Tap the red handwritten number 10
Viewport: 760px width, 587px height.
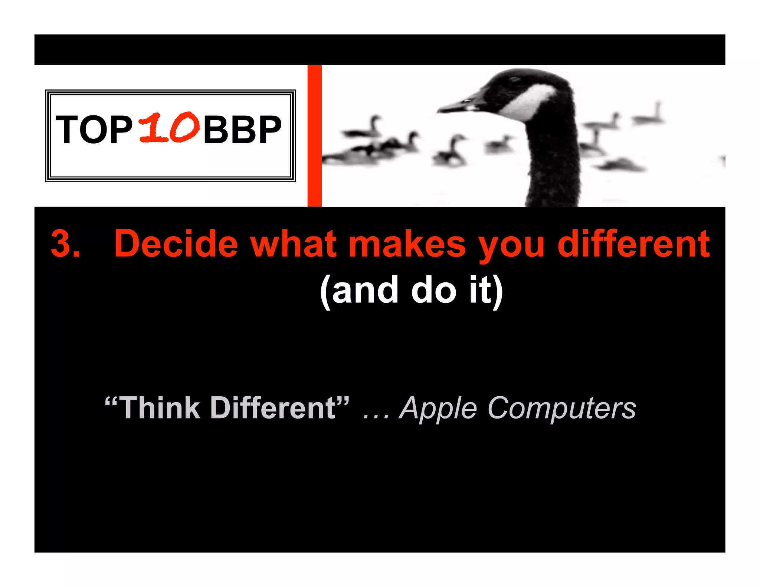tap(169, 127)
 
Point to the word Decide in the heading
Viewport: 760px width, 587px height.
tap(176, 244)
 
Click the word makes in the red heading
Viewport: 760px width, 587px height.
tap(407, 244)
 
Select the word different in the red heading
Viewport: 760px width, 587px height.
tap(633, 244)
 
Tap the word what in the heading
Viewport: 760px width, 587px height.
tap(293, 244)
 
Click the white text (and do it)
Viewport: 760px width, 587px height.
tap(411, 291)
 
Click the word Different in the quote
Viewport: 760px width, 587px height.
tap(273, 408)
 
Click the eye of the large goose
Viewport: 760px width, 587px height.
tap(515, 79)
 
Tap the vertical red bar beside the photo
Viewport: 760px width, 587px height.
tap(314, 136)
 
